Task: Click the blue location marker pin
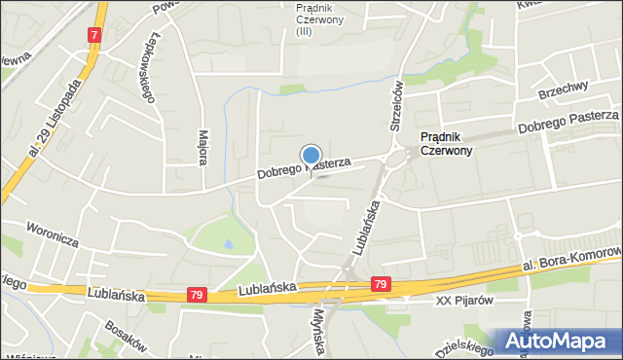[311, 156]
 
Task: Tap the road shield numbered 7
[94, 35]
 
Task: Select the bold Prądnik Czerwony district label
[446, 144]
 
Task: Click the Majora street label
[203, 146]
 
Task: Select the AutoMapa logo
[561, 341]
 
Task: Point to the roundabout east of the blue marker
[394, 158]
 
